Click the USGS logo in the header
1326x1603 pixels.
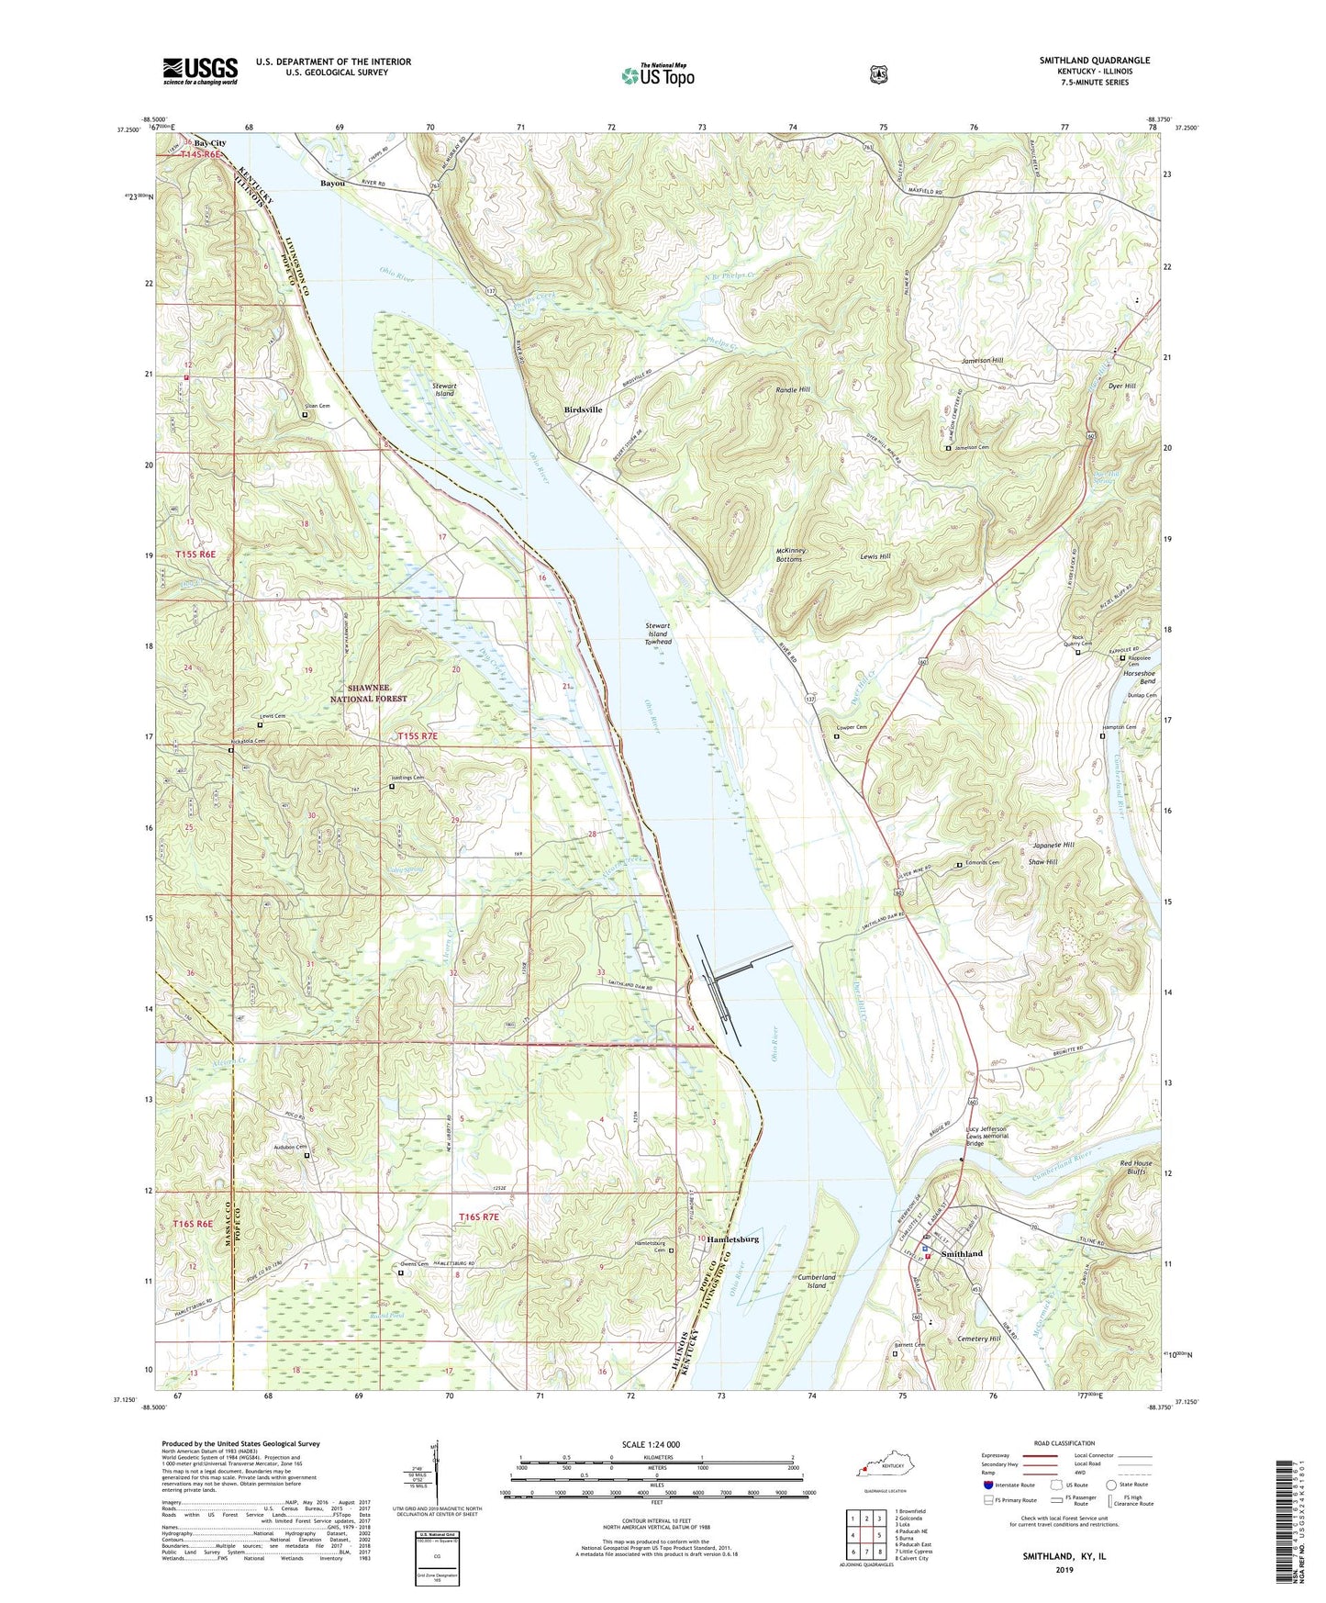coord(200,70)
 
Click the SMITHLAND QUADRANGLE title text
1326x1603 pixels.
coord(1094,61)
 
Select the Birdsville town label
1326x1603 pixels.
coord(583,409)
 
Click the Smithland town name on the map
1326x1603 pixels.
coord(962,1253)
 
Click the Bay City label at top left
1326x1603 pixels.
coord(210,143)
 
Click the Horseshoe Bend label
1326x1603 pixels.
coord(1139,677)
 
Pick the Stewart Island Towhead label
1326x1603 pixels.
coord(658,633)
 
